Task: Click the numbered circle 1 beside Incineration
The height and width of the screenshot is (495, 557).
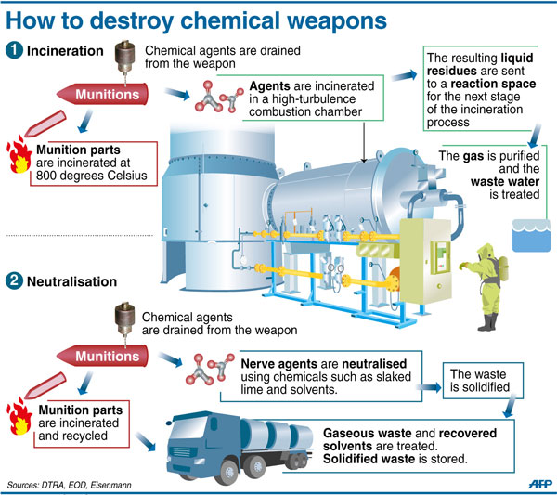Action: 15,50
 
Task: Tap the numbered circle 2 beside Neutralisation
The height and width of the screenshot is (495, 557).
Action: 15,280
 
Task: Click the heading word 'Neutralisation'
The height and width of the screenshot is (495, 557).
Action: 87,280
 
